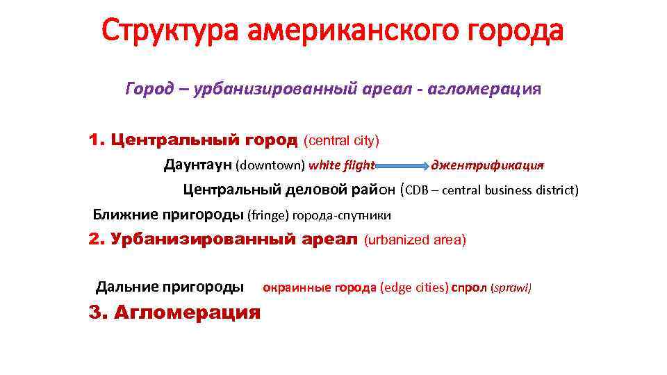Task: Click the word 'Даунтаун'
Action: (198, 165)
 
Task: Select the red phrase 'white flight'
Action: (342, 165)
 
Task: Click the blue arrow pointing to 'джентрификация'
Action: (403, 166)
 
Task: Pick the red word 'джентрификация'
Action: (487, 165)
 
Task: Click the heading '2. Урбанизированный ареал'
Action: (223, 240)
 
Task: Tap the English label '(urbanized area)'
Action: (415, 240)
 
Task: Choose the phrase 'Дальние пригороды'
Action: (170, 287)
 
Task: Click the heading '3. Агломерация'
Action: (174, 312)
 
